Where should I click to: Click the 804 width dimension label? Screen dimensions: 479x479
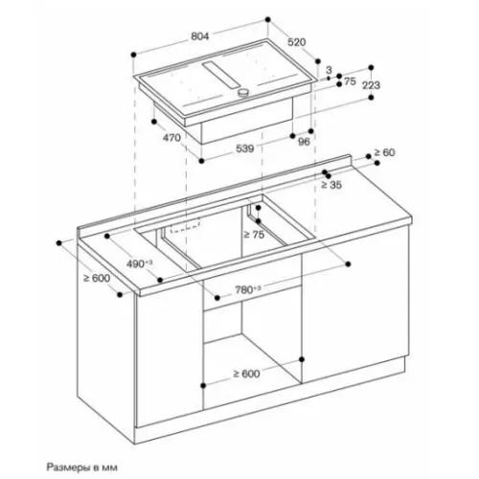coord(200,36)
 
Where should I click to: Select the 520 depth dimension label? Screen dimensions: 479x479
coord(297,42)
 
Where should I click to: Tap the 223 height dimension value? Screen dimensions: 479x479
coord(371,85)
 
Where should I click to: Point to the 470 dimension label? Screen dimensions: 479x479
coord(171,138)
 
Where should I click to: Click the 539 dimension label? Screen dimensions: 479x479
coord(245,148)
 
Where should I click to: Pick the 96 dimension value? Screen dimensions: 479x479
coord(304,142)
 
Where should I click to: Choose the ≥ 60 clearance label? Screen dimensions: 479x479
coord(384,152)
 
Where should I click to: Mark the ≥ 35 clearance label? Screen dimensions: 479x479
coord(331,185)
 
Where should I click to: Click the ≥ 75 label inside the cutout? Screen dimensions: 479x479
coord(254,235)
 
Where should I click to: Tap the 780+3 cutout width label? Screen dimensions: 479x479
coord(248,290)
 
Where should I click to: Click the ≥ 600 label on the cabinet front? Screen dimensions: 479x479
coord(246,374)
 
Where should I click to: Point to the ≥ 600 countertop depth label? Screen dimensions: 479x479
coord(97,278)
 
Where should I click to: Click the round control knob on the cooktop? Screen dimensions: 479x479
coord(243,93)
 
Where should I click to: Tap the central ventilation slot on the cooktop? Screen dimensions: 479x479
coord(220,75)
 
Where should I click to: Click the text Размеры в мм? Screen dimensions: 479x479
coord(82,468)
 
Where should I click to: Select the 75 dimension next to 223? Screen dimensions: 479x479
coord(350,81)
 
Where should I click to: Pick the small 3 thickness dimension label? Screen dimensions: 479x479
coord(329,70)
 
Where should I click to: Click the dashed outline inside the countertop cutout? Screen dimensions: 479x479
coord(185,225)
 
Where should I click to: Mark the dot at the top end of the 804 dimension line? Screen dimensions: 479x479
coord(268,19)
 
